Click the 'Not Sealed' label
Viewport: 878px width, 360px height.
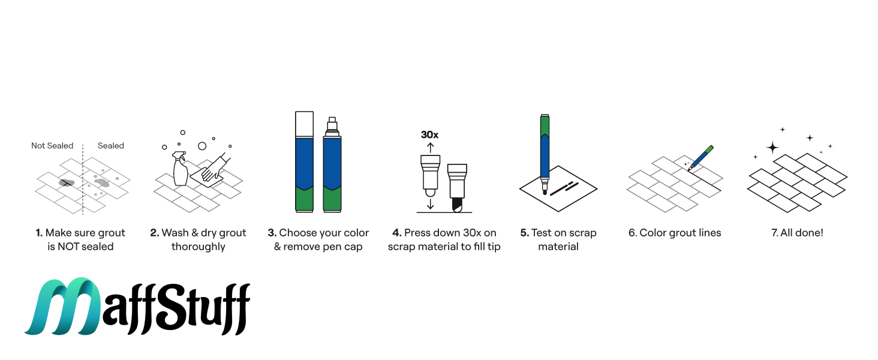pos(52,146)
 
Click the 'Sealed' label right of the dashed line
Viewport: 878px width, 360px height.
pos(110,146)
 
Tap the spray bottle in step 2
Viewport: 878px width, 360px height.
pos(180,169)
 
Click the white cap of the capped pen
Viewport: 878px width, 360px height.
pos(304,124)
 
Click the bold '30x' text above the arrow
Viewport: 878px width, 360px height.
pos(429,135)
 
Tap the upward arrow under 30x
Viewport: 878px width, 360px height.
pos(431,148)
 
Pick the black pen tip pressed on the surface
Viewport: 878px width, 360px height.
pos(457,205)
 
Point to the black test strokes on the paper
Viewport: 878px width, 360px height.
pos(564,188)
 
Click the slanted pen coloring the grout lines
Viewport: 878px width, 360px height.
pos(701,158)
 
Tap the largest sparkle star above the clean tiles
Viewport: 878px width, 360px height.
pos(772,148)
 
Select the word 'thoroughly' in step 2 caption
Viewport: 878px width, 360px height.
pos(199,247)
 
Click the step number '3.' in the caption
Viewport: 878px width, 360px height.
pos(272,233)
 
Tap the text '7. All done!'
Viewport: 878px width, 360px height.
pos(797,233)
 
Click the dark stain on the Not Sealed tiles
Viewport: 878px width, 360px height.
pos(66,183)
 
